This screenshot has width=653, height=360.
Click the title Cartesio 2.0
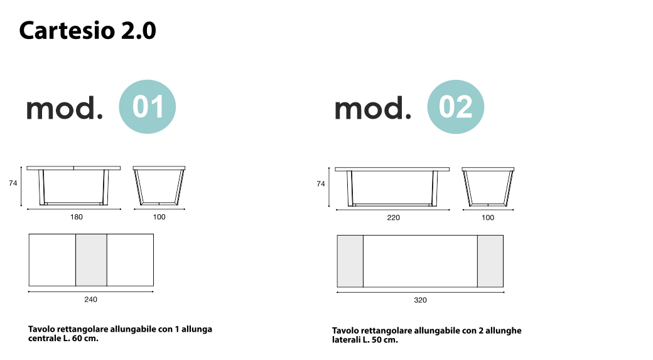[87, 30]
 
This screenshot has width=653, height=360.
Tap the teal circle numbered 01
[148, 107]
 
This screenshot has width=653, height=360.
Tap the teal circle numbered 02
[455, 107]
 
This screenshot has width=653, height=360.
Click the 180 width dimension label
[76, 217]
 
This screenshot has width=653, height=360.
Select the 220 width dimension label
[393, 218]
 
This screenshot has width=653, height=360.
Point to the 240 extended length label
[90, 300]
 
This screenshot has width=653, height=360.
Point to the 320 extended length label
[420, 300]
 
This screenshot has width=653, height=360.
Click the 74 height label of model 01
[13, 183]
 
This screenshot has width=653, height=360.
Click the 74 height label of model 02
[321, 184]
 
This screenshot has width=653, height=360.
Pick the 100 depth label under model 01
[159, 217]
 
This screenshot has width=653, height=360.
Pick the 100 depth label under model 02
[488, 218]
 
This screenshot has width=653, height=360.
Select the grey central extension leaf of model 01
[91, 259]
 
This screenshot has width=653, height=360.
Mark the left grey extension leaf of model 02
[350, 261]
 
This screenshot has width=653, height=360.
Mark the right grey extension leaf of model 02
[490, 261]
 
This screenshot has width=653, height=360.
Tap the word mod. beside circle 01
[64, 109]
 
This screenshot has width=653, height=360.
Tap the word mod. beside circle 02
[372, 109]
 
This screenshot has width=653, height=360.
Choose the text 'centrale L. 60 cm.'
[63, 339]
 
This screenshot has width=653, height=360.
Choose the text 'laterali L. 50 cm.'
[365, 340]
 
